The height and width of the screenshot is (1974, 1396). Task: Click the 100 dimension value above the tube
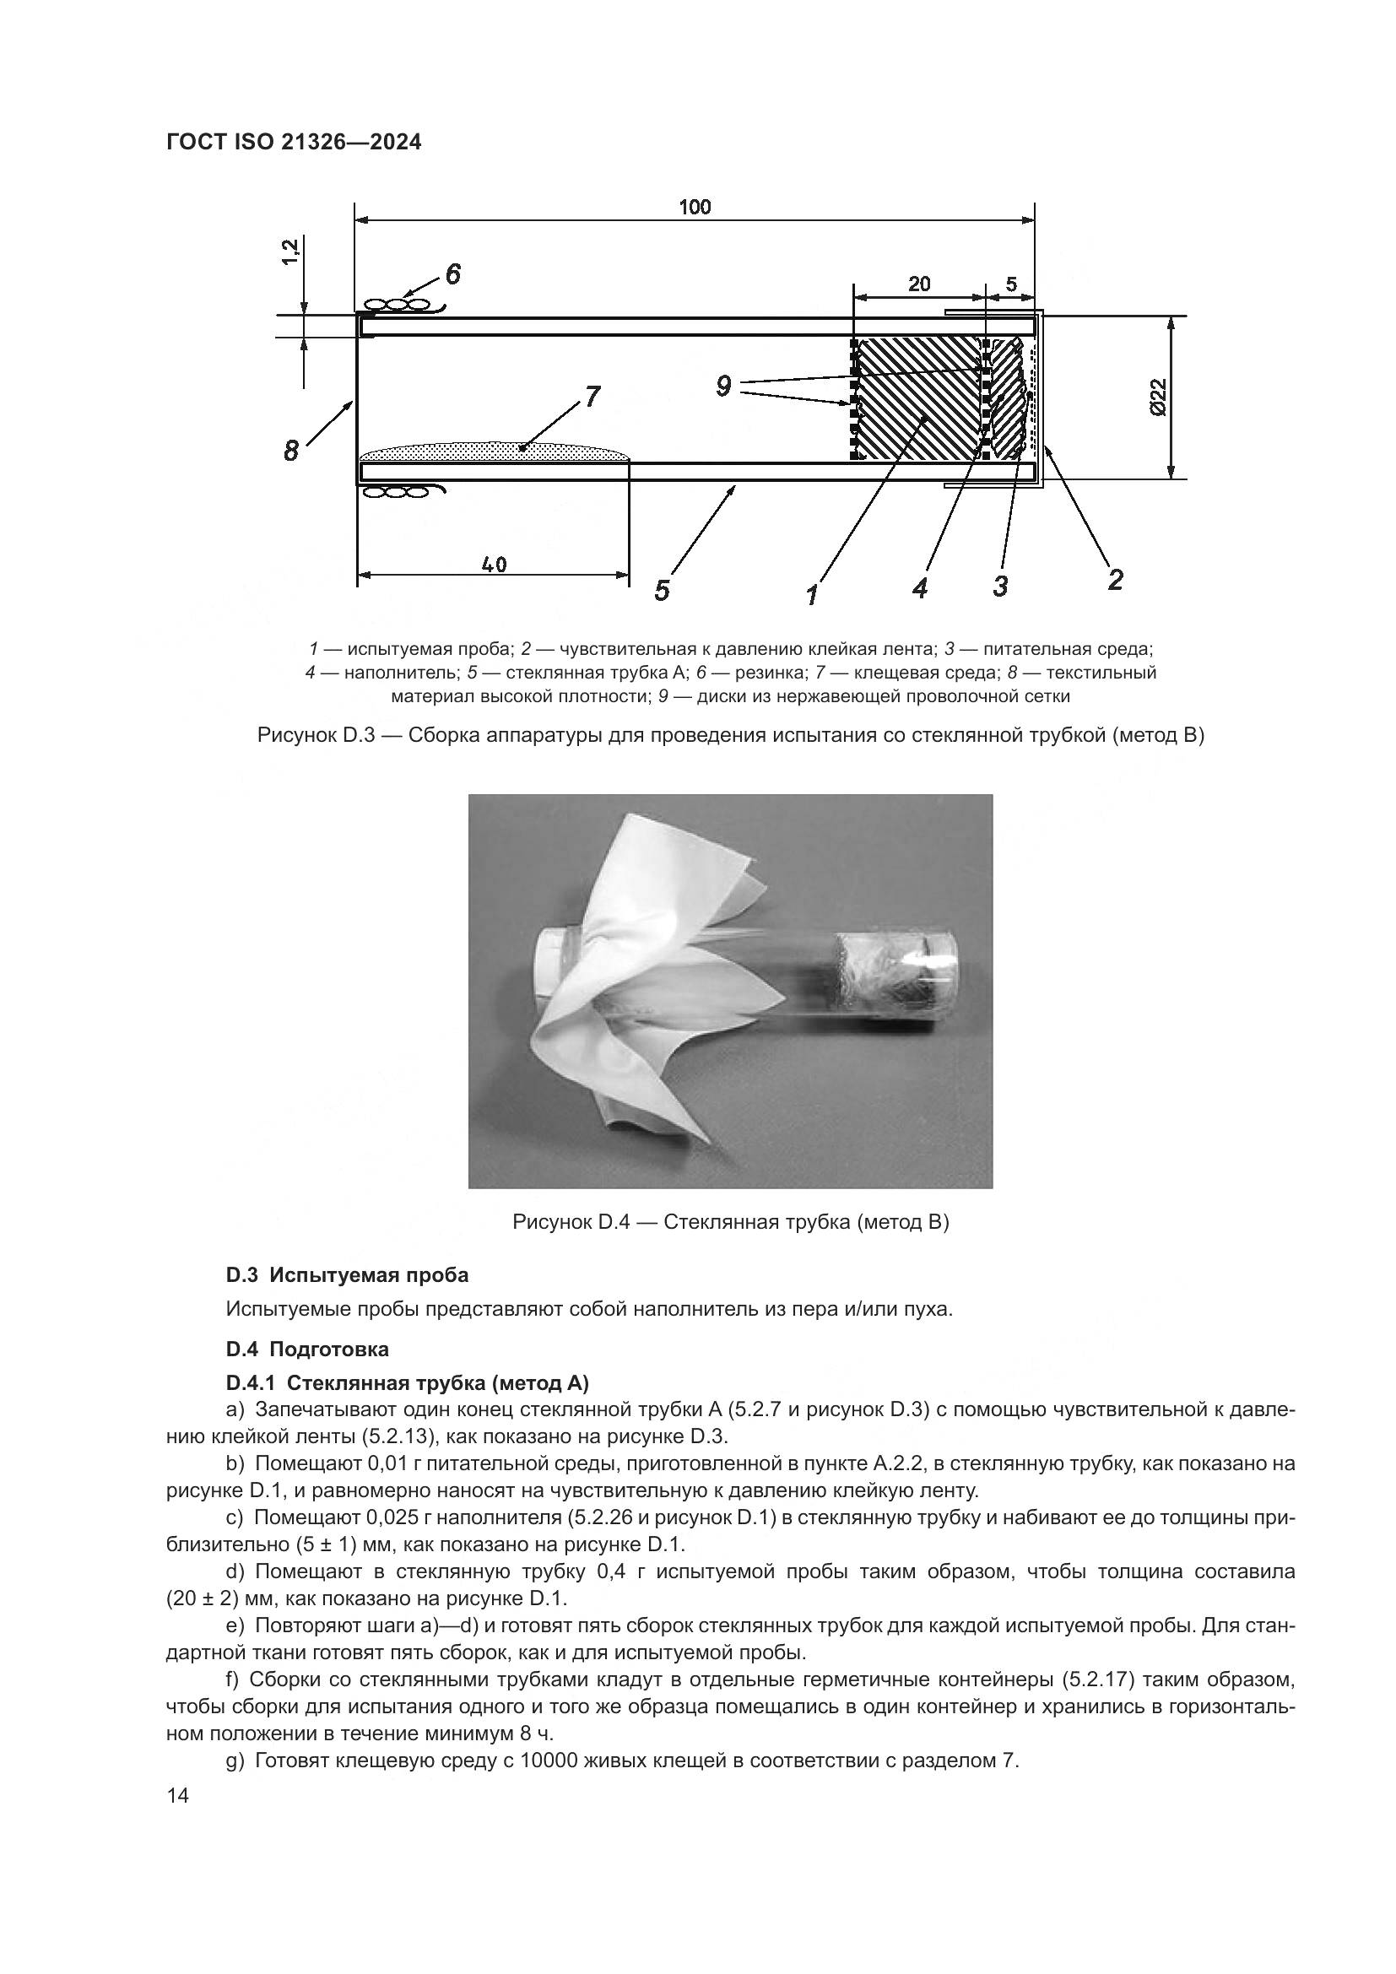pos(695,208)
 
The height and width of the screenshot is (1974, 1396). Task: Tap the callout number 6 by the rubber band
pos(453,274)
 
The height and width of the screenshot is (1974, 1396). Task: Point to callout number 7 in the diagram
pos(592,396)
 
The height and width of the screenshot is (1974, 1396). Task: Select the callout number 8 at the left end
pos(291,450)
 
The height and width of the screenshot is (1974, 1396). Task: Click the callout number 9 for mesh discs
pos(723,387)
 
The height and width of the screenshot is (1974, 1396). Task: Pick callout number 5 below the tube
pos(661,591)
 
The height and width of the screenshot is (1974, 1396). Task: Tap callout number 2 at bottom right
pos(1115,580)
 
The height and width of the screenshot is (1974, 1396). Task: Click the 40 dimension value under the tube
pos(495,565)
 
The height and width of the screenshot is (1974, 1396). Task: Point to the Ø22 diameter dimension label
pos(1156,397)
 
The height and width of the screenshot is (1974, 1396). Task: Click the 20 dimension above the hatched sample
pos(919,284)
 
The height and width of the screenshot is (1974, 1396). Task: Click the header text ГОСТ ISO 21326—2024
pos(294,143)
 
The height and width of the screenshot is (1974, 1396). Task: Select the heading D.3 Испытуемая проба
pos(347,1274)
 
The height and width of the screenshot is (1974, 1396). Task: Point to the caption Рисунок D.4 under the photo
pos(730,1222)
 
